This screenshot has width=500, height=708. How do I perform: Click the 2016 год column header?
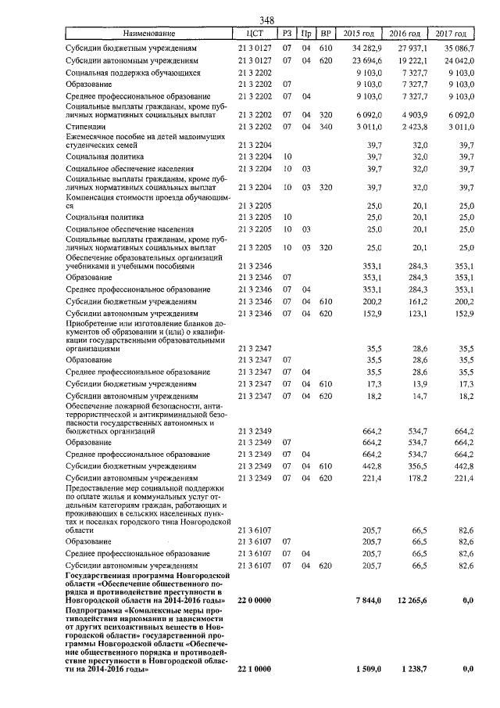[x=405, y=34]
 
